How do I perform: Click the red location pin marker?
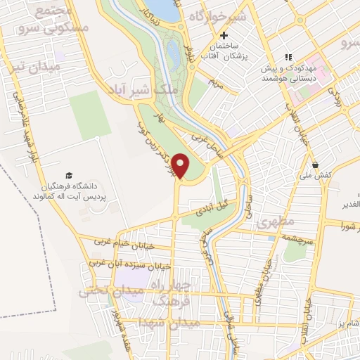182,166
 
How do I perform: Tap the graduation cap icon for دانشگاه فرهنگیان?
69,175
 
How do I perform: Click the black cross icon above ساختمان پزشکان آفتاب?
224,36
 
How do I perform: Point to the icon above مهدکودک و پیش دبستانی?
287,57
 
